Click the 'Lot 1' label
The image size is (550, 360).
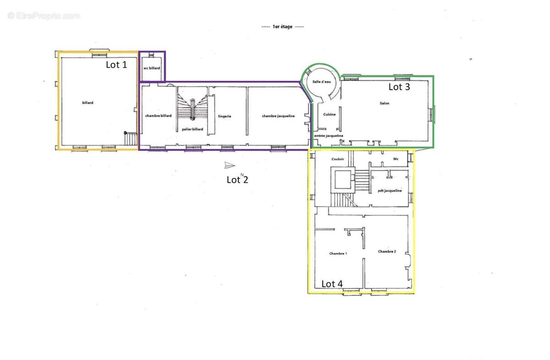click(116, 65)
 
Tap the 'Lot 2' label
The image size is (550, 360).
click(237, 180)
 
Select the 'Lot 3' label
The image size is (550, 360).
click(399, 87)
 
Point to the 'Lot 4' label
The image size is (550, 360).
click(332, 284)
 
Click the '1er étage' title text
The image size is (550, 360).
click(282, 27)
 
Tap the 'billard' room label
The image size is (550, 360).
click(88, 103)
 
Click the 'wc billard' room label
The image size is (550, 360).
click(152, 68)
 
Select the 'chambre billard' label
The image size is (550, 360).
click(159, 115)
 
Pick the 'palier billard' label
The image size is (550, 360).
click(192, 129)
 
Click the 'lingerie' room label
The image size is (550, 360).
click(225, 116)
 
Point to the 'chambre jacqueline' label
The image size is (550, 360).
click(278, 116)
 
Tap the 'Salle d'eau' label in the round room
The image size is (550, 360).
click(321, 82)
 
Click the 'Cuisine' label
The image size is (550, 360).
click(329, 114)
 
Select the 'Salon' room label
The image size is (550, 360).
click(385, 103)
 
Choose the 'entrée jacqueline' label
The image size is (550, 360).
click(329, 136)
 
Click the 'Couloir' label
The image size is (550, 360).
click(338, 159)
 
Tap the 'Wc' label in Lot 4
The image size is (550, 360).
click(396, 159)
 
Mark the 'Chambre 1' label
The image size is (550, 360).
click(338, 253)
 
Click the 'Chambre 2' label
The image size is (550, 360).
click(387, 251)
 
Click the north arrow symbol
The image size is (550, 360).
click(230, 165)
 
